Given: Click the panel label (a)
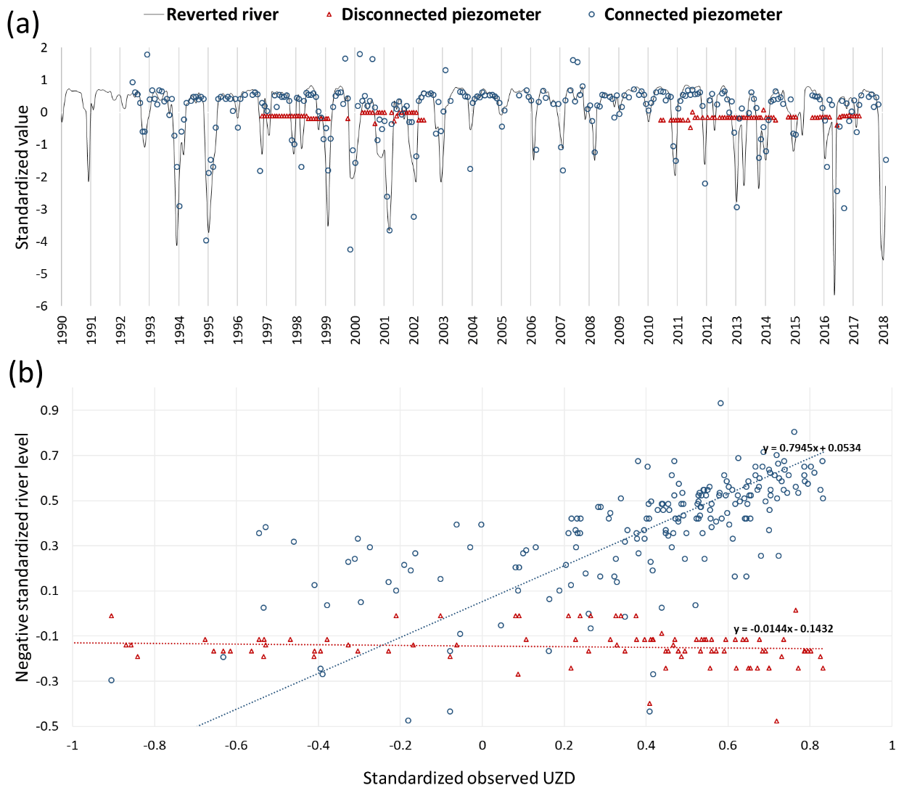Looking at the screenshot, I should (x=22, y=24).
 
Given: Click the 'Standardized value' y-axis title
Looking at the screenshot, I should (x=22, y=177).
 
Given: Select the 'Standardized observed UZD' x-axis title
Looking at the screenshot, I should (x=469, y=778).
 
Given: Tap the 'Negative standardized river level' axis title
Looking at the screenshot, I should (x=22, y=557).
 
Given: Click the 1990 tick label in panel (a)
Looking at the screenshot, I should (x=62, y=329).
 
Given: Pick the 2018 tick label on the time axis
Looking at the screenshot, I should (x=883, y=329).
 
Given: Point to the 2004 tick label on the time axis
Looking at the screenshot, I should (x=472, y=329).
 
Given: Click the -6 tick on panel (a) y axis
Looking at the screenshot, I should (x=44, y=306).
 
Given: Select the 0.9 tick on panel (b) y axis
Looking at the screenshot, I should (x=50, y=411).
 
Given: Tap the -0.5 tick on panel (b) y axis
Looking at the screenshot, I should (x=48, y=726).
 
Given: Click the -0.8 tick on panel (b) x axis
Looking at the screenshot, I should (x=154, y=745).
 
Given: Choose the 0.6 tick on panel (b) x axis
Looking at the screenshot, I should (x=728, y=745).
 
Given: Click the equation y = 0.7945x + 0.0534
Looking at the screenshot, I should (x=811, y=448).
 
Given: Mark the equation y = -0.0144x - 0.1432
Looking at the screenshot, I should (x=783, y=629).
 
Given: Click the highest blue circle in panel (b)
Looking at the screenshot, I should (x=720, y=403).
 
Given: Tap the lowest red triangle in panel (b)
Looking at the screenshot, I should (x=776, y=721).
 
